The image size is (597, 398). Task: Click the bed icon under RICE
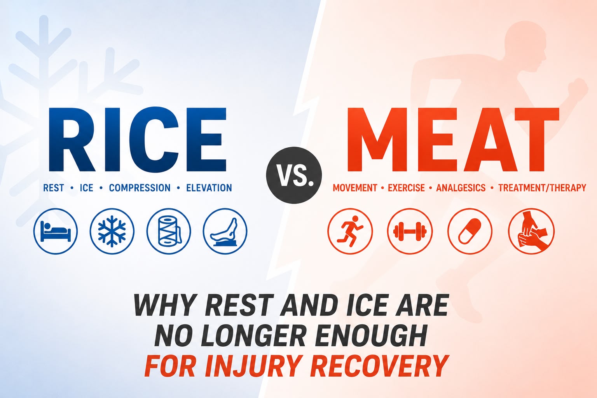point(56,231)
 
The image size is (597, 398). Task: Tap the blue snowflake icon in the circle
point(112,231)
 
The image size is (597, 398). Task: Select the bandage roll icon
point(169,231)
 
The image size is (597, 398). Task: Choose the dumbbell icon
point(410,231)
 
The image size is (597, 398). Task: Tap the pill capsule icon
point(470,231)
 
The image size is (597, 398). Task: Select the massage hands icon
point(531,231)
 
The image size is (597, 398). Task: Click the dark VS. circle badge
point(294,175)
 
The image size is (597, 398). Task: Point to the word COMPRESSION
point(140,188)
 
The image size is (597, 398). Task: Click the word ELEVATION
point(209,188)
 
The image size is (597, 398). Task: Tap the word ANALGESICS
point(461,188)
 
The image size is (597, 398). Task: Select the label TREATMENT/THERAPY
point(542,188)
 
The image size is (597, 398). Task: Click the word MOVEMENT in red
point(355,188)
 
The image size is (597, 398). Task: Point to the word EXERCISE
point(406,188)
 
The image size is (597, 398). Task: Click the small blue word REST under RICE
point(54,188)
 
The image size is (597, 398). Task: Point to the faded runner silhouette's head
point(522,48)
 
